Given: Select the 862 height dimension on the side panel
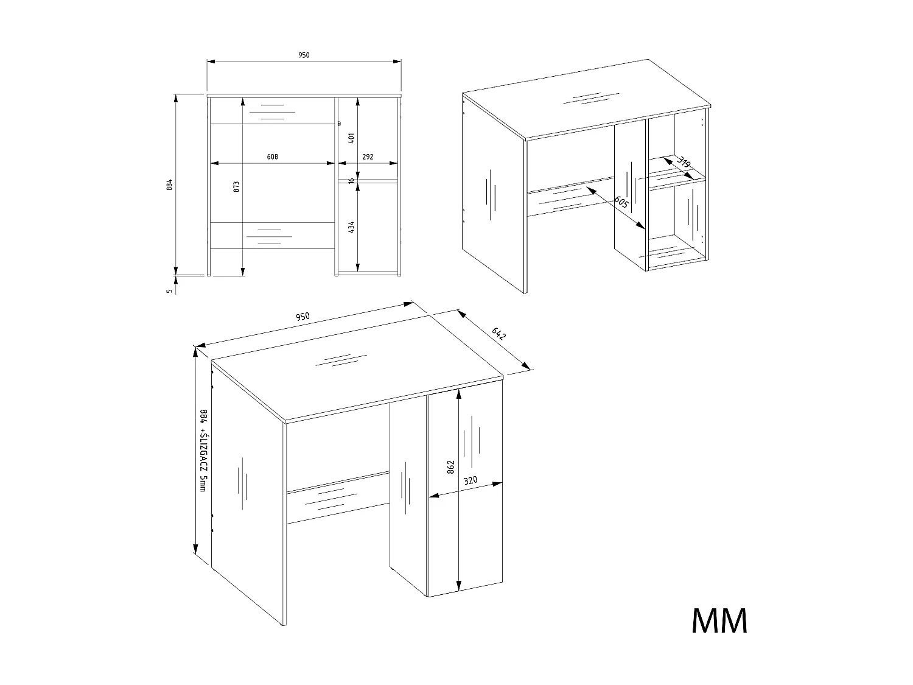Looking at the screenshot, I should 451,467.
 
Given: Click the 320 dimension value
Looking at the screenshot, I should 470,480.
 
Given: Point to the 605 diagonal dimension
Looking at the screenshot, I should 621,202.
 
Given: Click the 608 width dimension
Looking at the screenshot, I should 272,156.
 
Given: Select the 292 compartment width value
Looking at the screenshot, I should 368,156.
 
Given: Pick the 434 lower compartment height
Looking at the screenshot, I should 352,227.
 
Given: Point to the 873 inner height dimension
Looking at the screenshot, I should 236,186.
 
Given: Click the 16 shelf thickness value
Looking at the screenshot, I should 352,180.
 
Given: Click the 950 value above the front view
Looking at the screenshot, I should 304,55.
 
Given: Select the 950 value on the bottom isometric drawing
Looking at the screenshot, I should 303,317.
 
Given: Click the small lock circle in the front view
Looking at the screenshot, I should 339,124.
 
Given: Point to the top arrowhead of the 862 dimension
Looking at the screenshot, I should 458,393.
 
